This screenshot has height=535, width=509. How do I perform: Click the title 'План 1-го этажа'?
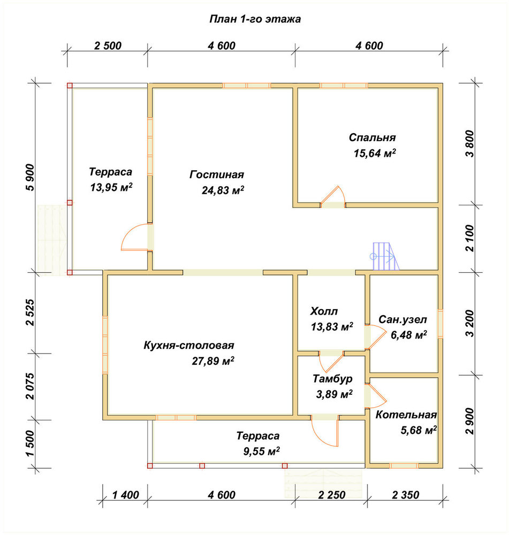[x=255, y=19]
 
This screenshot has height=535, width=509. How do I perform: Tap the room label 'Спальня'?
[x=372, y=137]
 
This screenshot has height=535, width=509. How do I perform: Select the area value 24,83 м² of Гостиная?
[x=223, y=190]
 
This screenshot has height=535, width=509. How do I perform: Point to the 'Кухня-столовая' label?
[x=189, y=345]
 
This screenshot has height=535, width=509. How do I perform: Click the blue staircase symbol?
[x=385, y=256]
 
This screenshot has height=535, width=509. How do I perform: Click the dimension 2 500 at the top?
[x=108, y=45]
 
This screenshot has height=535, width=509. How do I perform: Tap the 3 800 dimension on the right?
[x=470, y=143]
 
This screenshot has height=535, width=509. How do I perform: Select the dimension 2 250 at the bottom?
[x=332, y=495]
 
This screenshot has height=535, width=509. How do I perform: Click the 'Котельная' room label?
[x=406, y=415]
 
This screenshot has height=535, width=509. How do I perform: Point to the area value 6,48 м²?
[x=408, y=335]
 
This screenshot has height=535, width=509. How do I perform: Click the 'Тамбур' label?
[x=332, y=379]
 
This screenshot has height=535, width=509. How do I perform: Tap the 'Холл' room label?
[x=324, y=311]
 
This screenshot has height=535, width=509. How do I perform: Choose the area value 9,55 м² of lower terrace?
[x=262, y=452]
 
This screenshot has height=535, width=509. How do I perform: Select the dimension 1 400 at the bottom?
[x=125, y=495]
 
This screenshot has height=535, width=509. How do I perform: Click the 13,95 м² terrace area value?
[x=111, y=187]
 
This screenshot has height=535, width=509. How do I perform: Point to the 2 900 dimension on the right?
[x=470, y=421]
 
